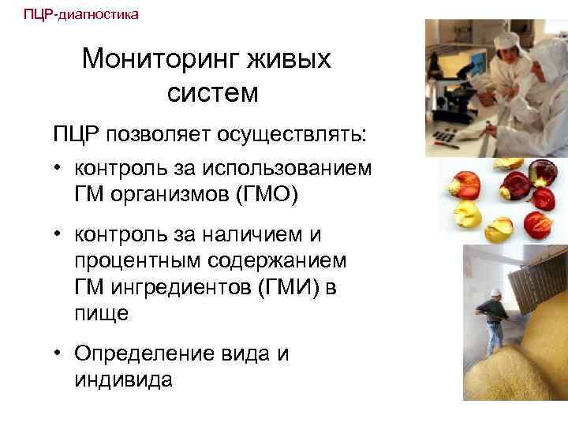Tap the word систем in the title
pos(212,93)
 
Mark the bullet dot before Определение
pos(59,354)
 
